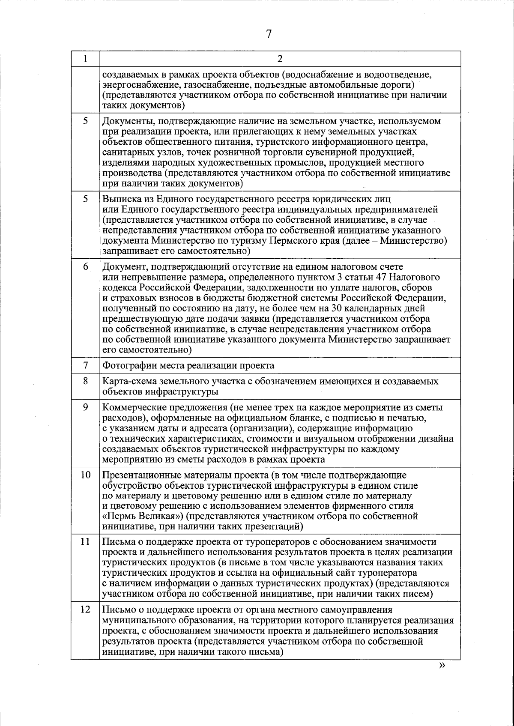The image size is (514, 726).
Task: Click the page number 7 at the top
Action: click(x=269, y=34)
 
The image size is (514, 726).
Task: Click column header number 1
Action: click(x=85, y=59)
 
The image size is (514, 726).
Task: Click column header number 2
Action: click(x=280, y=59)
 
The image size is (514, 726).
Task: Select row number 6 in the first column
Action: click(x=85, y=266)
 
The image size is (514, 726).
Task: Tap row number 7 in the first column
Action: click(x=85, y=365)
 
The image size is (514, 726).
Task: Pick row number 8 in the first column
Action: click(x=85, y=381)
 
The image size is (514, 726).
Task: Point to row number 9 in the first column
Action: click(x=85, y=407)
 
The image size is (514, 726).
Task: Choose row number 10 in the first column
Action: click(x=85, y=475)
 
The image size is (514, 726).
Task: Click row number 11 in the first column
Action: click(x=85, y=541)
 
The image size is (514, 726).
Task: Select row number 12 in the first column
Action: click(x=85, y=609)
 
